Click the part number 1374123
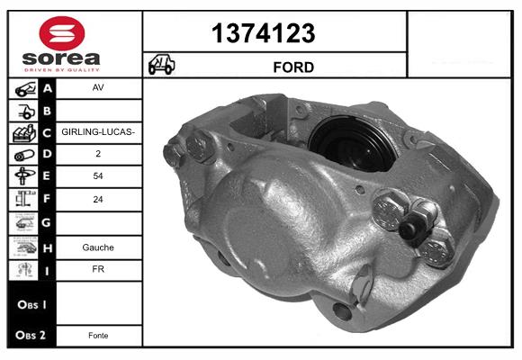tap(263, 33)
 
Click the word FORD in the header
tap(293, 67)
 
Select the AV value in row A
tap(98, 89)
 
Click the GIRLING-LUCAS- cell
tap(98, 132)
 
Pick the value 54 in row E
tap(98, 177)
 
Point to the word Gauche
tap(98, 246)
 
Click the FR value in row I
tap(98, 268)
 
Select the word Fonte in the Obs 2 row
tap(98, 335)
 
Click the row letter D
tap(48, 155)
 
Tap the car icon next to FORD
tap(162, 66)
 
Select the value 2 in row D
tap(98, 155)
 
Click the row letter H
tap(48, 246)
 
